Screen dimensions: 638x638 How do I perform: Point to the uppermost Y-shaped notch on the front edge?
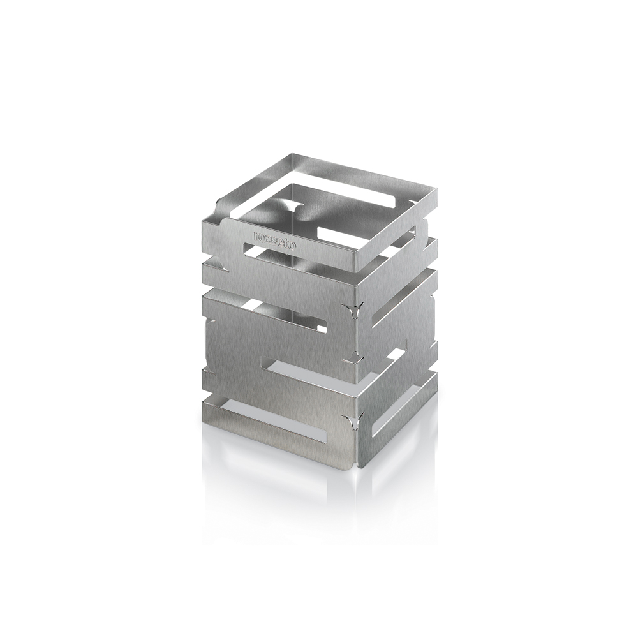tap(350, 311)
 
